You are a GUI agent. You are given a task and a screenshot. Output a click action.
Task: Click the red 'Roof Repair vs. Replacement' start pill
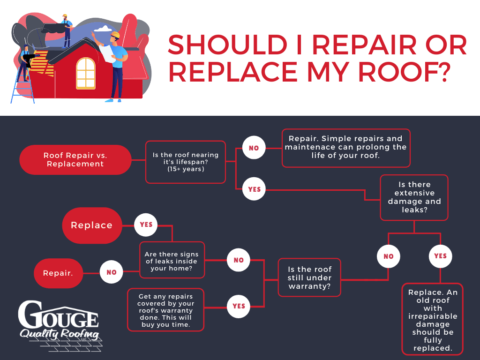[x=75, y=160]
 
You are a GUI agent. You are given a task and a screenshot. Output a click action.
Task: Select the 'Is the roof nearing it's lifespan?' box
[x=186, y=162]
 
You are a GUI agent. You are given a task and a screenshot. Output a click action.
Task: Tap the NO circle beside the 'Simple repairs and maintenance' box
[x=254, y=148]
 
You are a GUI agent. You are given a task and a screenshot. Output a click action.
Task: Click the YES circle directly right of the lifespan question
[x=254, y=189]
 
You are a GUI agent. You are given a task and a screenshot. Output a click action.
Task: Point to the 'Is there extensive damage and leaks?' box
[x=414, y=197]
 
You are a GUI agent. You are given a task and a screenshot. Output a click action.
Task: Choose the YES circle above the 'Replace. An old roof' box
[x=440, y=256]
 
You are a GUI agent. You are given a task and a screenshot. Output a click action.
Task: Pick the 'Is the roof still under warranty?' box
[x=309, y=277]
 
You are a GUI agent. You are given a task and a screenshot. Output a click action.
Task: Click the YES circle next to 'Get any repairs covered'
[x=239, y=306]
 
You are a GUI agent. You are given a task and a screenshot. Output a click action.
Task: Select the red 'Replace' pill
[x=92, y=225]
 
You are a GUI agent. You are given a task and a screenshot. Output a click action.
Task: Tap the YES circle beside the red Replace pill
[x=146, y=225]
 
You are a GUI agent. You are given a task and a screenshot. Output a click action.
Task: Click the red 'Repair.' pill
[x=58, y=273]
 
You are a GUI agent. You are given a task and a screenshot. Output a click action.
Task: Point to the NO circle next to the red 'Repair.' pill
[x=112, y=272]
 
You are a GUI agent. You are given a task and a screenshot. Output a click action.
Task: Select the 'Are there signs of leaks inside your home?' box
[x=172, y=260]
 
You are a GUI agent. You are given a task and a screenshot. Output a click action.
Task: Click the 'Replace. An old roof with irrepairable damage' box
[x=433, y=319]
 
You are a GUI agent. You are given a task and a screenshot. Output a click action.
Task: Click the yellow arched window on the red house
[x=86, y=74]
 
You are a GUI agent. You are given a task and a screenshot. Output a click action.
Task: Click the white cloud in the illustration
[x=103, y=29]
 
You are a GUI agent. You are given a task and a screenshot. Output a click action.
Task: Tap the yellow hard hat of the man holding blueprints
[x=115, y=35]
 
